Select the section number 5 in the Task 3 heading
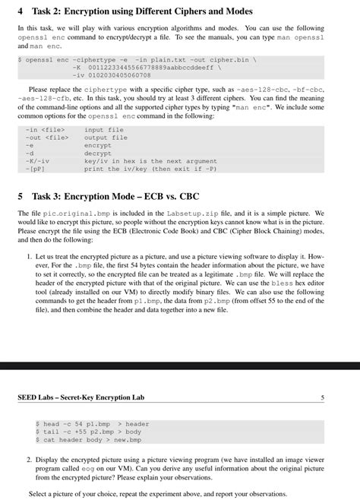[x=21, y=194]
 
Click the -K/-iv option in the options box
[x=37, y=160]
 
